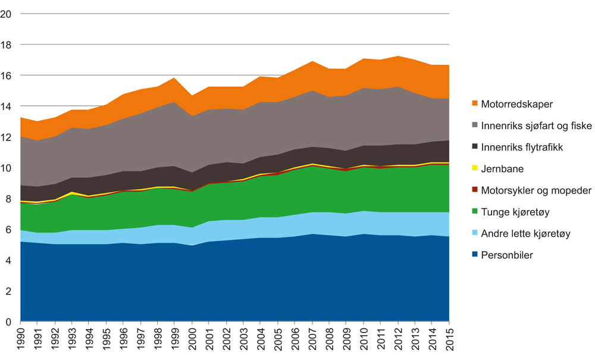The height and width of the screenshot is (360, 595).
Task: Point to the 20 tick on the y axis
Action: coord(7,14)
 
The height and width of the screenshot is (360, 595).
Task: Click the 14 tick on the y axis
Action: coord(7,107)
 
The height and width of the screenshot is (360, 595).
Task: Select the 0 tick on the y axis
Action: coord(9,323)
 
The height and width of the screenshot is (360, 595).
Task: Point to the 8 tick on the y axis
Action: coord(9,199)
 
